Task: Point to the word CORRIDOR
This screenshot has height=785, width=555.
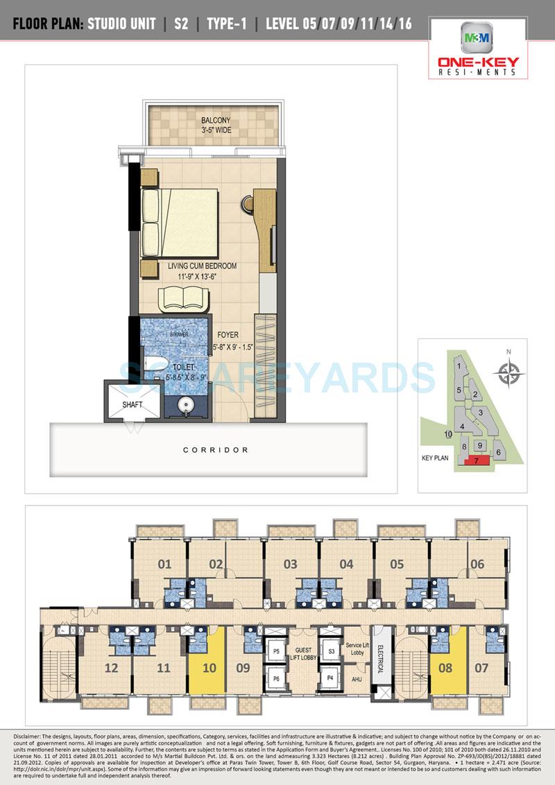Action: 216,450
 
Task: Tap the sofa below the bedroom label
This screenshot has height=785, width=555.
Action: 182,299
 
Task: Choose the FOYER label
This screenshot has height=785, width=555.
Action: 228,335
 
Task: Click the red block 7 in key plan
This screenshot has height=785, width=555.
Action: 477,460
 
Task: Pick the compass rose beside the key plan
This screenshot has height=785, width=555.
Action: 509,374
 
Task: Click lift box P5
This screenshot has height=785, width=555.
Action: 275,652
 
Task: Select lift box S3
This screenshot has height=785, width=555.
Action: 332,652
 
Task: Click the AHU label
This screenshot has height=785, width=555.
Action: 357,679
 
